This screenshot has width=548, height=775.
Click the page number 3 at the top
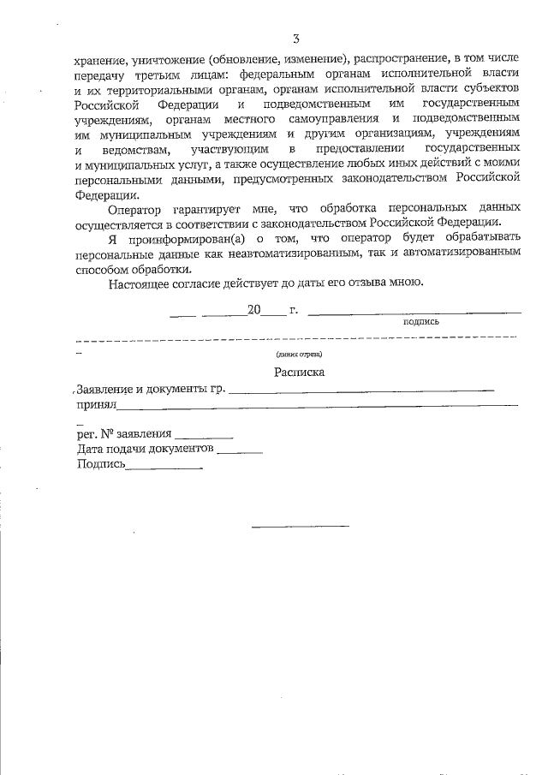pyautogui.click(x=295, y=39)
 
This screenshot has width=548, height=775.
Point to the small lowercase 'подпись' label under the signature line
pyautogui.click(x=420, y=322)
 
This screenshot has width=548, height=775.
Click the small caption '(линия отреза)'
pyautogui.click(x=299, y=354)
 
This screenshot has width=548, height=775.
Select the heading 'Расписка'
pyautogui.click(x=299, y=373)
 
